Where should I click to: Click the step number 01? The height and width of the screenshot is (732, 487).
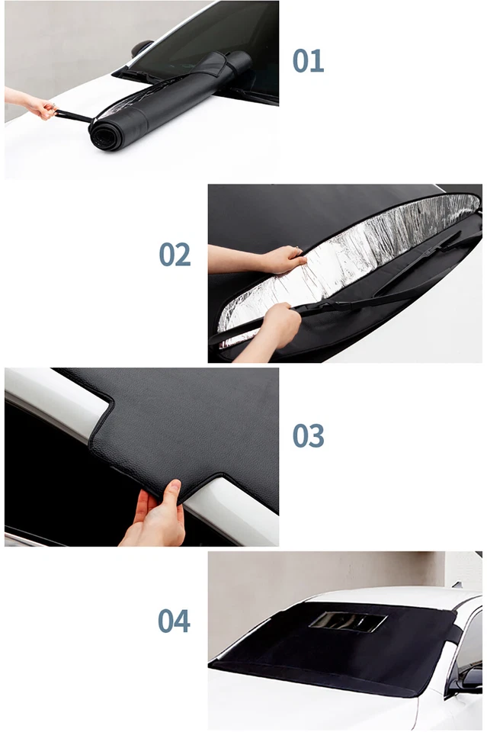pyautogui.click(x=308, y=61)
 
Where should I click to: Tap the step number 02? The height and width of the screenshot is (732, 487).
pyautogui.click(x=175, y=255)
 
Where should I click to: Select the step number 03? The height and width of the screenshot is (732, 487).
pyautogui.click(x=308, y=436)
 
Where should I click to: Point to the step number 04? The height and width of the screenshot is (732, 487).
pyautogui.click(x=175, y=621)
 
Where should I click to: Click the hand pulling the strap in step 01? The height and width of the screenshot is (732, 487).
pyautogui.click(x=35, y=105)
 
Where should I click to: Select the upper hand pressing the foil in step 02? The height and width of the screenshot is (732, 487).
pyautogui.click(x=282, y=260)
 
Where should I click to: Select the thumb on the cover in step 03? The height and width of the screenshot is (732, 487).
pyautogui.click(x=172, y=493)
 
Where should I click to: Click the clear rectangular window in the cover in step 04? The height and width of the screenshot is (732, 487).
pyautogui.click(x=347, y=621)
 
